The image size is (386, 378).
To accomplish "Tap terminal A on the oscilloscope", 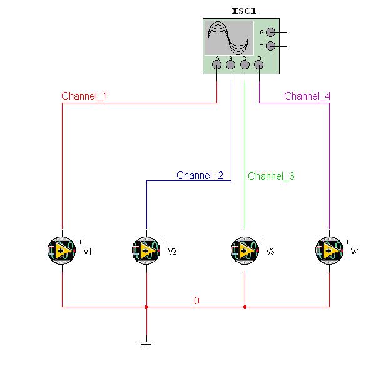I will tap(217, 64).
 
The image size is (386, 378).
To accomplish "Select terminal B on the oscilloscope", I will tap(231, 64).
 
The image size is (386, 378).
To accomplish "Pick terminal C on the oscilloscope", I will tap(245, 64).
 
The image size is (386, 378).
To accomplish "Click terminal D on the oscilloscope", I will tap(258, 64).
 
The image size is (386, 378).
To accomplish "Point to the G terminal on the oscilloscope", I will tap(270, 32).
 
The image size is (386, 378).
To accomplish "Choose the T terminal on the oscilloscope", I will tap(270, 46).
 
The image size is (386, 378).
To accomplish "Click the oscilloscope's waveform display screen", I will tap(228, 38).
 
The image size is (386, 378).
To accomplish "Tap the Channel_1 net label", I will tap(84, 96).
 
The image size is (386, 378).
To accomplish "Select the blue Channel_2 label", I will tap(200, 175).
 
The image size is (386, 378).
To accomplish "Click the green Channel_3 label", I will tap(271, 176).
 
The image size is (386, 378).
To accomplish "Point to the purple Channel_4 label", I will tap(307, 96).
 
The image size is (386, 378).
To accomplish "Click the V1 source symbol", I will tap(62, 251).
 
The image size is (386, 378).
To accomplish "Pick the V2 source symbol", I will tap(146, 251).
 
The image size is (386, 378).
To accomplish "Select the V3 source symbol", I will tap(245, 251).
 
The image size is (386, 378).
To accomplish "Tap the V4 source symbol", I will tap(329, 251).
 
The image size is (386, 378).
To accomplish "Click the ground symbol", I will tap(146, 342).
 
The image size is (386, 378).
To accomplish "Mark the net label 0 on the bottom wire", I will tap(196, 300).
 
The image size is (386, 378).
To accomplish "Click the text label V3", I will tap(270, 252).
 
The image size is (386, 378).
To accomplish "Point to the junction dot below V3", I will tap(245, 307).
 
